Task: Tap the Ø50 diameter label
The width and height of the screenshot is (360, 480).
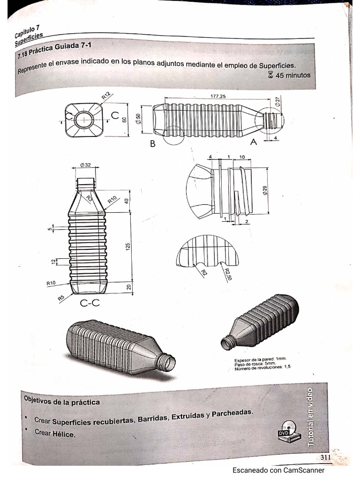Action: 138,120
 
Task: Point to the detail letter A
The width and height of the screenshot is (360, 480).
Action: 254,144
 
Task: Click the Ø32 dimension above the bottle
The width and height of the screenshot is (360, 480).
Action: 85,165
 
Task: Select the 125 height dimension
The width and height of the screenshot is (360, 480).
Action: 128,246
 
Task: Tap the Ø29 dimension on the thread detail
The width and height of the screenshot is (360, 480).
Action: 265,191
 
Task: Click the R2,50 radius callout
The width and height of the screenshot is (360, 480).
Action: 227,273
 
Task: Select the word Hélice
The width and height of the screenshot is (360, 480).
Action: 64,434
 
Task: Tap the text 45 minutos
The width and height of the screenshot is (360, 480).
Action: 293,75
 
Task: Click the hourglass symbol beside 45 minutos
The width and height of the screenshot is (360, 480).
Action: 270,75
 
